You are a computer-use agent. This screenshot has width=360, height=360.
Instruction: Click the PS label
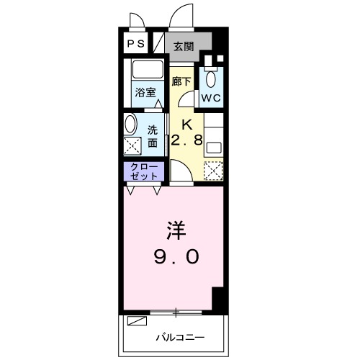[136, 44]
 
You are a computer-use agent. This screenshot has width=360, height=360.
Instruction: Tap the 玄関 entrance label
[183, 46]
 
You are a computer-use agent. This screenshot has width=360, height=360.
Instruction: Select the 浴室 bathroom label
[146, 92]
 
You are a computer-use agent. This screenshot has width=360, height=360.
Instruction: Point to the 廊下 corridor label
[181, 81]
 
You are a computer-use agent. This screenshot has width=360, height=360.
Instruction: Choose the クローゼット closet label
[143, 171]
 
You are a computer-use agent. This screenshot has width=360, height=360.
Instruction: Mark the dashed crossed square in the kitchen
[212, 170]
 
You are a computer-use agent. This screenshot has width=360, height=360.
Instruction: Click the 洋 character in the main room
[176, 231]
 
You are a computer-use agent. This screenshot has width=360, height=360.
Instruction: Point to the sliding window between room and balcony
[176, 312]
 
